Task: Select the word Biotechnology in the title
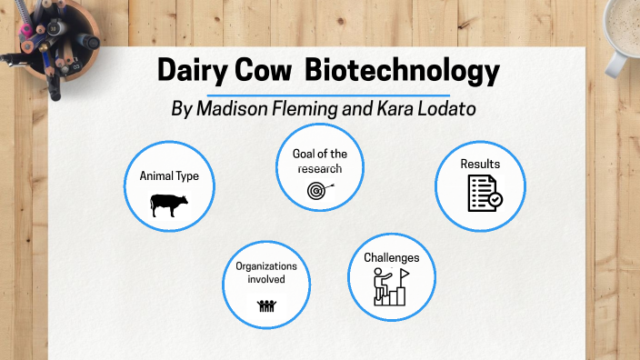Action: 403,71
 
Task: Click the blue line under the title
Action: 328,94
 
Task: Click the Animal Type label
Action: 168,176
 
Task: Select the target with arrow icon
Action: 319,191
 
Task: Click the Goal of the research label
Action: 319,160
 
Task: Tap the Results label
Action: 479,164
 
